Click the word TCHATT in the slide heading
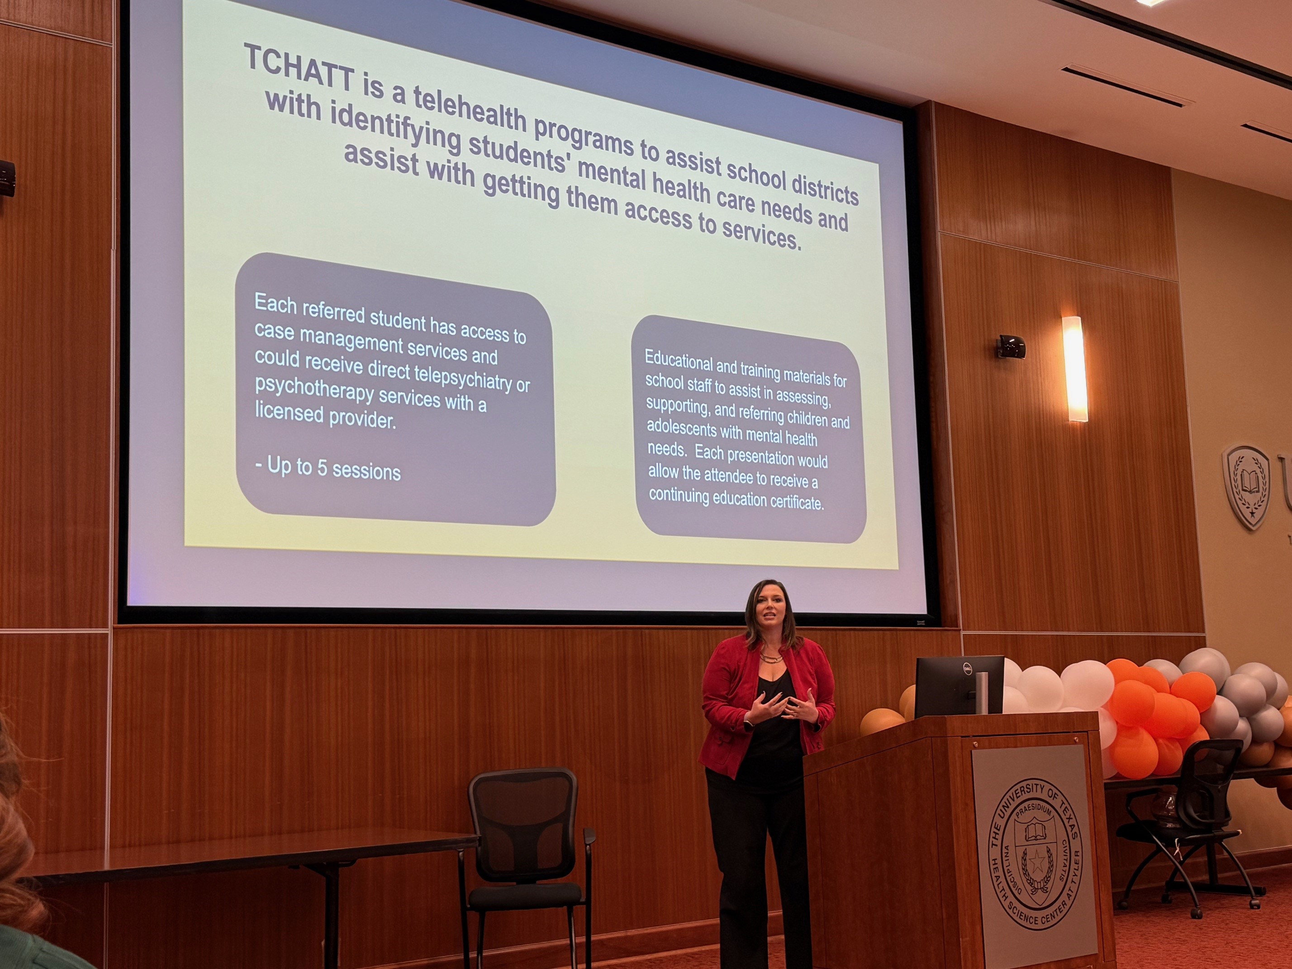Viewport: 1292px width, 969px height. pyautogui.click(x=299, y=69)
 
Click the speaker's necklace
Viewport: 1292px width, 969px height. pyautogui.click(x=771, y=657)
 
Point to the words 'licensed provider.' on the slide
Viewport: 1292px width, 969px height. pyautogui.click(x=325, y=415)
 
